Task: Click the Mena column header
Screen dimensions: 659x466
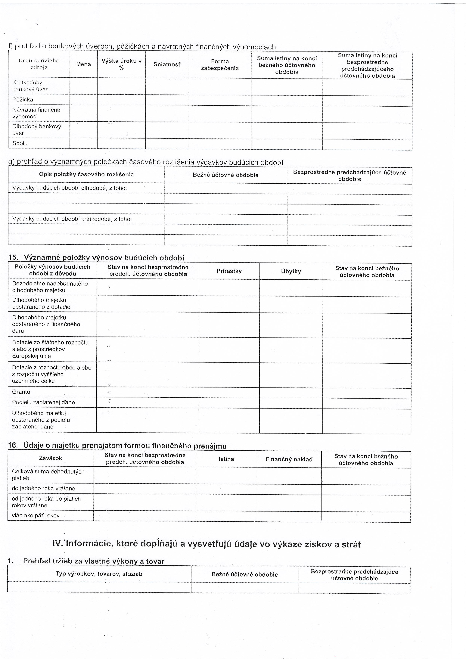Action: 83,64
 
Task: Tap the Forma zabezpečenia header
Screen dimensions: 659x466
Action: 220,65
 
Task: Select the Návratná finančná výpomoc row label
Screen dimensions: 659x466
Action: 36,113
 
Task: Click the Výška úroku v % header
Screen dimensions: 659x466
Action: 121,64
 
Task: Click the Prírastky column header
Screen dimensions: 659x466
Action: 229,271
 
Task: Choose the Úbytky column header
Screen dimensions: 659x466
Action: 291,271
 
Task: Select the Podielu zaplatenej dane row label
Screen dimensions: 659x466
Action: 43,402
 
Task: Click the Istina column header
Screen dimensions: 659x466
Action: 226,459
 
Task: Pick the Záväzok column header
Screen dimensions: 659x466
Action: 51,458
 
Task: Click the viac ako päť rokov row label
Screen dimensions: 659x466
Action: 36,515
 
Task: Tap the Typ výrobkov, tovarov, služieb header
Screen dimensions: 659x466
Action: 99,574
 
